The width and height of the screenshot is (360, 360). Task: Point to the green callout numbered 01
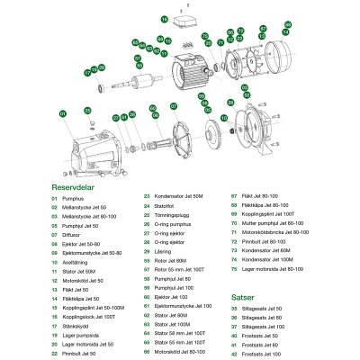[62, 113]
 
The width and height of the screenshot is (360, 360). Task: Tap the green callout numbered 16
[164, 17]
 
